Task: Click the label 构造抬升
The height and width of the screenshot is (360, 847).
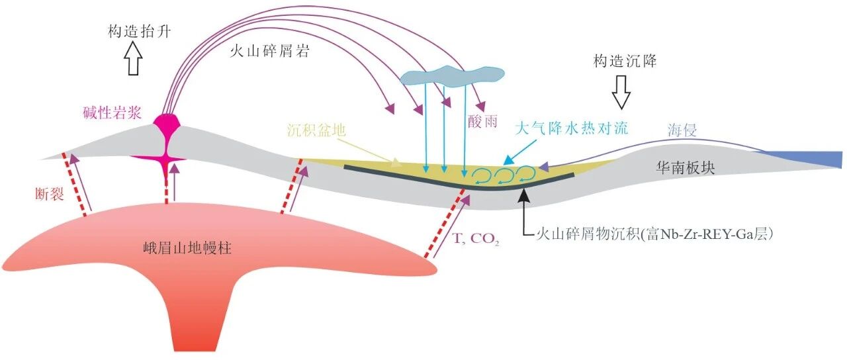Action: pyautogui.click(x=139, y=31)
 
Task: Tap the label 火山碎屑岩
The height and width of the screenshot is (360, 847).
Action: pyautogui.click(x=269, y=50)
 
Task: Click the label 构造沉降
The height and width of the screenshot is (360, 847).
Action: pyautogui.click(x=625, y=60)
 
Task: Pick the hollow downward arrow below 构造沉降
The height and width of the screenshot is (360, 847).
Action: pyautogui.click(x=621, y=92)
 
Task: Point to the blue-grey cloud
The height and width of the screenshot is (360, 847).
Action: pyautogui.click(x=452, y=76)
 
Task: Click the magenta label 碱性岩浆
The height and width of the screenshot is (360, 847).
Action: pyautogui.click(x=112, y=112)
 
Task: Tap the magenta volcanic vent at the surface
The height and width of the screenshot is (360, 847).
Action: pyautogui.click(x=167, y=123)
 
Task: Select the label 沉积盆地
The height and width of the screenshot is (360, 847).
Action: pyautogui.click(x=316, y=130)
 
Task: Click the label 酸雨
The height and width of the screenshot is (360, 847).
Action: pyautogui.click(x=482, y=121)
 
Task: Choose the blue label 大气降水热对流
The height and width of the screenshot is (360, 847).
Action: pyautogui.click(x=571, y=128)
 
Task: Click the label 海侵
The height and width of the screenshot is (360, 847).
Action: pyautogui.click(x=682, y=130)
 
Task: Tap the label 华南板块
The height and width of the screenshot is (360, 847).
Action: pyautogui.click(x=686, y=168)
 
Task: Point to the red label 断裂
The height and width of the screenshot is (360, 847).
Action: pyautogui.click(x=49, y=195)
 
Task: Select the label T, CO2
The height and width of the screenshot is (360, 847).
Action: pyautogui.click(x=476, y=239)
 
